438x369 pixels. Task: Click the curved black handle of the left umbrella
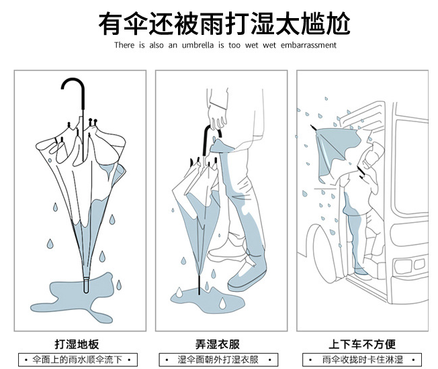[73, 89]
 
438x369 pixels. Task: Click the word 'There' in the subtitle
[124, 45]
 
